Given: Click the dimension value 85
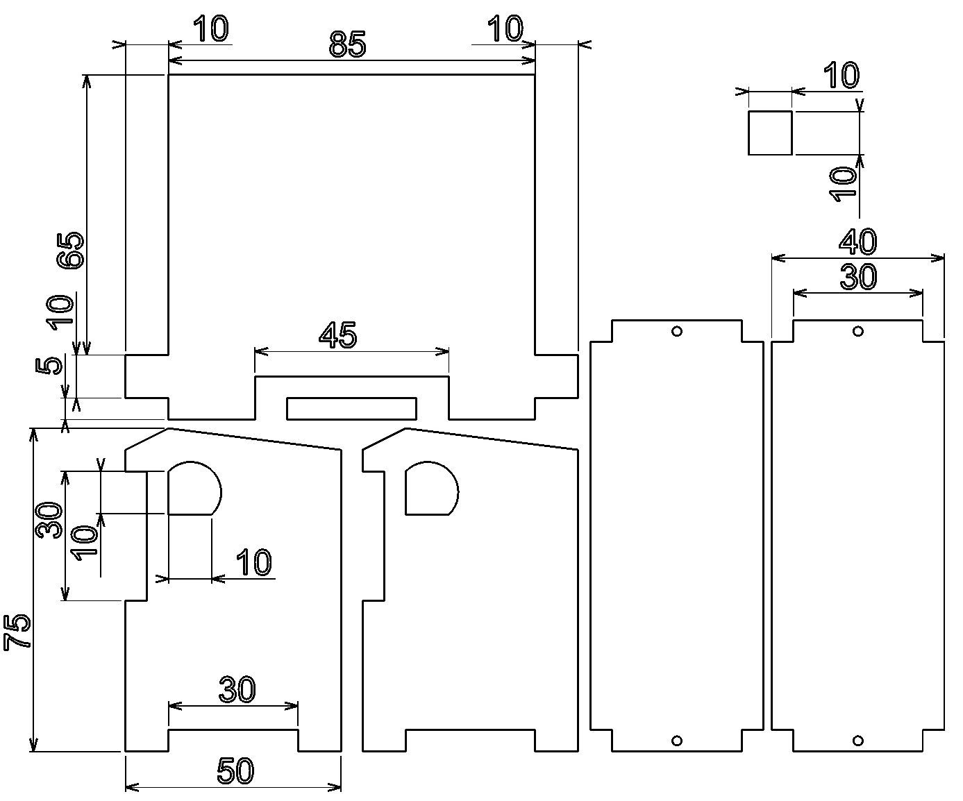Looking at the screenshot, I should pyautogui.click(x=347, y=45).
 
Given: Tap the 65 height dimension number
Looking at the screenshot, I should pyautogui.click(x=71, y=251).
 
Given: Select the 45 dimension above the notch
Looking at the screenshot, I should pyautogui.click(x=338, y=336).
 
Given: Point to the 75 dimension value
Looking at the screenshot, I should pyautogui.click(x=17, y=632).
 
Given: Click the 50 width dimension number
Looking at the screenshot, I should pyautogui.click(x=236, y=771).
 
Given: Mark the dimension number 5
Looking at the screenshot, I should pyautogui.click(x=47, y=365).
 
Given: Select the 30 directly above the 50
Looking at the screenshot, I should pyautogui.click(x=237, y=691).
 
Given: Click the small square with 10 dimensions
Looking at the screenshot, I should pyautogui.click(x=770, y=133).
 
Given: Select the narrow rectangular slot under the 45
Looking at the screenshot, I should pyautogui.click(x=352, y=409).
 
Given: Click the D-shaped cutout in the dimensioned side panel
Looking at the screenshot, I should pyautogui.click(x=192, y=489).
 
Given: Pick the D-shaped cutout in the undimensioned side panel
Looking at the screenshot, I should pyautogui.click(x=430, y=489).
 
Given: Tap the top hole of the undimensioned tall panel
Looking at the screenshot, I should pyautogui.click(x=677, y=331).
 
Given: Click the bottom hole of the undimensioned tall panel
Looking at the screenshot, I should pyautogui.click(x=677, y=741).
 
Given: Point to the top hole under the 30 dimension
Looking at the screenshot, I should pyautogui.click(x=858, y=331).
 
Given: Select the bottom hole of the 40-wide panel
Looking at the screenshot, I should pyautogui.click(x=858, y=741).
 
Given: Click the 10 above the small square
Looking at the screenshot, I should pyautogui.click(x=841, y=76).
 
